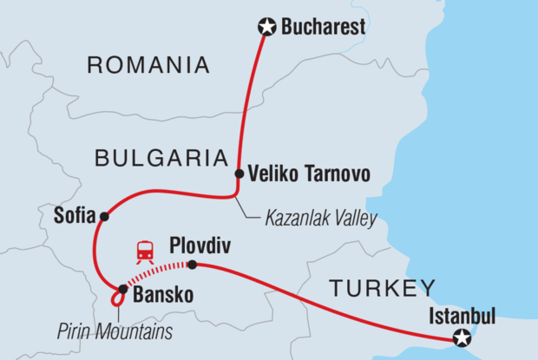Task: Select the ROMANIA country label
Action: (x=148, y=64)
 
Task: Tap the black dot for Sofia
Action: (x=104, y=216)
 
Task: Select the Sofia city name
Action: (x=73, y=216)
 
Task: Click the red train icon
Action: (x=145, y=251)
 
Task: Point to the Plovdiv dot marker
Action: (x=192, y=265)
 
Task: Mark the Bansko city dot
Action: (x=122, y=289)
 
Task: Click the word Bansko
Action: (x=162, y=295)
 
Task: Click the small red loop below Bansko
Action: (x=116, y=300)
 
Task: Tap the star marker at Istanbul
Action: (x=464, y=337)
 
